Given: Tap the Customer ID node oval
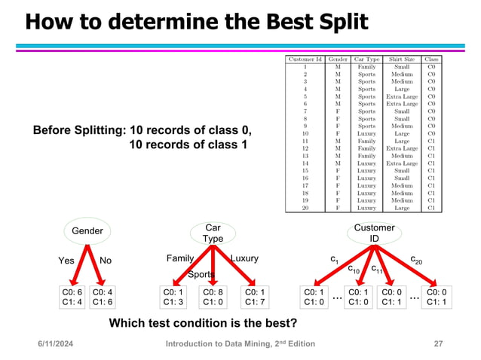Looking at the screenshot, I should click(374, 233).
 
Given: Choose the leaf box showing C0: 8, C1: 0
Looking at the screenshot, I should click(213, 297).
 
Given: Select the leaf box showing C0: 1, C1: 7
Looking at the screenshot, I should click(256, 297).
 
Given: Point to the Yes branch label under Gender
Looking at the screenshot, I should click(67, 260).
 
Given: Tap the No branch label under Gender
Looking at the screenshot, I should click(105, 260).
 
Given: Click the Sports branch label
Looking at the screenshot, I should click(201, 274).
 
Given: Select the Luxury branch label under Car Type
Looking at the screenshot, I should click(244, 258).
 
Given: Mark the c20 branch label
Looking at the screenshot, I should click(415, 259).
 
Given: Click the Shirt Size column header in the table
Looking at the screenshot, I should click(400, 59).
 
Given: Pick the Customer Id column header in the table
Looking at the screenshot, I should click(305, 59).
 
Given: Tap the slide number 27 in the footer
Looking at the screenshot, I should click(437, 344).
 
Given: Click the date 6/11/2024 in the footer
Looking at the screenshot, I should click(60, 344).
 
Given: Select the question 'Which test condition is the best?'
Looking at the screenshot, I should click(203, 324).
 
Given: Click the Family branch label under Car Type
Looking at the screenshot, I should click(179, 258).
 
